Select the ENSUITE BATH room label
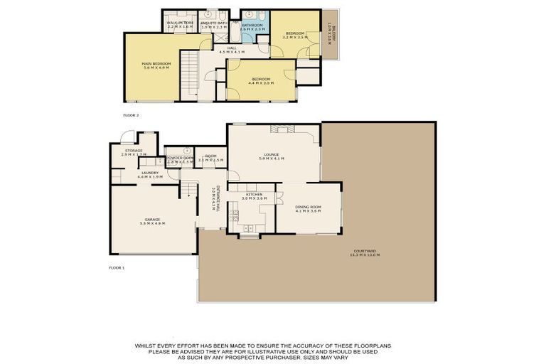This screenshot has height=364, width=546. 213,23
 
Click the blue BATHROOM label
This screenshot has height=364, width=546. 252,25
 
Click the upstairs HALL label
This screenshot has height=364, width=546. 232,48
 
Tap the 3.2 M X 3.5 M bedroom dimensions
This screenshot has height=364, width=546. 295,38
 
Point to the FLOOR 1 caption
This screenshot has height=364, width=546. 117,268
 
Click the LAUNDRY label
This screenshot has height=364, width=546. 149,172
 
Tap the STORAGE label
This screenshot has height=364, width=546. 134,150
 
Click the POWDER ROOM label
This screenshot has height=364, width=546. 179,158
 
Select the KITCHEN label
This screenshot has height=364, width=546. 255,194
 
